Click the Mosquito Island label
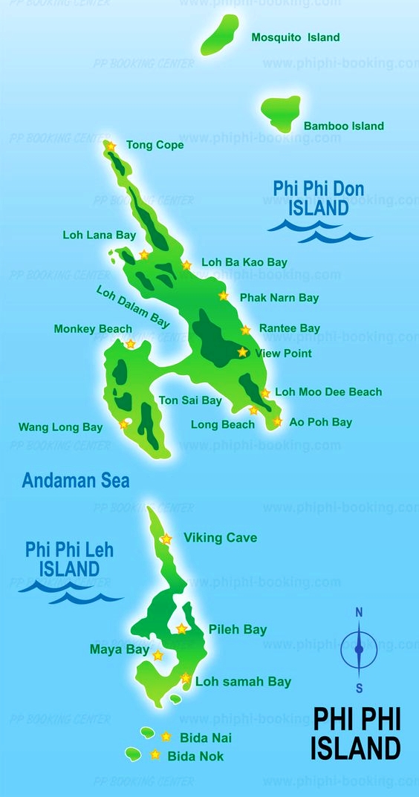[295, 37]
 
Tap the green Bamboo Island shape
[280, 114]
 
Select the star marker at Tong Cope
[111, 146]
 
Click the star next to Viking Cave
[166, 539]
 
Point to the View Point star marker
[242, 352]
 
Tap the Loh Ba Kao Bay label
[244, 262]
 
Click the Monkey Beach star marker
[130, 343]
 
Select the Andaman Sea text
[76, 481]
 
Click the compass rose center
[359, 649]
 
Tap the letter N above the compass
[359, 613]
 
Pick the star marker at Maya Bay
[157, 655]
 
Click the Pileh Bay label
[237, 629]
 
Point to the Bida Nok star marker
[155, 755]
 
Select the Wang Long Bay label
[60, 427]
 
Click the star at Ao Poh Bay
[277, 421]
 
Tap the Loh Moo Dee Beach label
[328, 391]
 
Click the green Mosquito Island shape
[220, 34]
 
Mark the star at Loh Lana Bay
[144, 254]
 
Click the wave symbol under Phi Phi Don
[319, 230]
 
